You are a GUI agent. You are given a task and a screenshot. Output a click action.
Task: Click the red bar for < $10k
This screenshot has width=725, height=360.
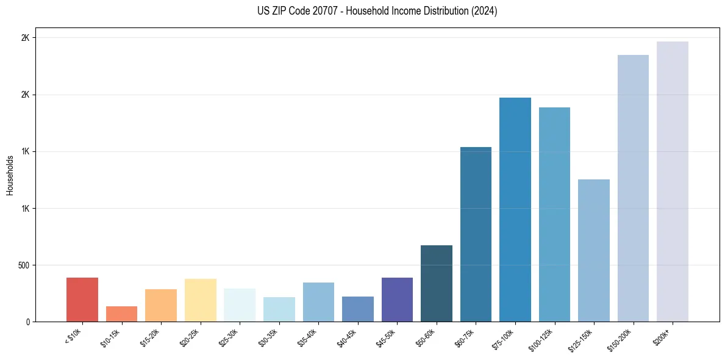point(82,300)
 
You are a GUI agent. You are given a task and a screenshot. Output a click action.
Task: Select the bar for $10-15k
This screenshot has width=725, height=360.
point(121,314)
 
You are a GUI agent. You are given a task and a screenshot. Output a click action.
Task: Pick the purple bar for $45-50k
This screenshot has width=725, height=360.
point(397,300)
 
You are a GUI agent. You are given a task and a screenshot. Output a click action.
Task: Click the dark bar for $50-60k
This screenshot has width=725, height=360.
point(437,284)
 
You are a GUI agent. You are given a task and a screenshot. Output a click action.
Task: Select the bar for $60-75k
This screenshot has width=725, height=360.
point(476,234)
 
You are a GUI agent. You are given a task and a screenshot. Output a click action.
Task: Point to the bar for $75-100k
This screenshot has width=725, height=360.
point(515,210)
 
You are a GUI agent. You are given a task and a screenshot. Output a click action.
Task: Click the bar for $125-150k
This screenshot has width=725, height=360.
point(594,250)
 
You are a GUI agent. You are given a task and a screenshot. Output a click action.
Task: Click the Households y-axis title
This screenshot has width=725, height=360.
point(10,175)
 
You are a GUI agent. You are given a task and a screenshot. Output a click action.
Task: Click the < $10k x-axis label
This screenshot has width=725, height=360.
point(74,335)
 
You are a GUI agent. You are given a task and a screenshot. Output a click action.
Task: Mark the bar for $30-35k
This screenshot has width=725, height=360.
point(279,309)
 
